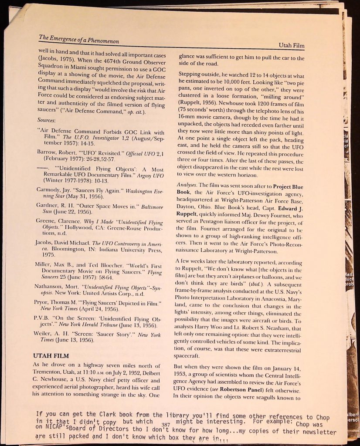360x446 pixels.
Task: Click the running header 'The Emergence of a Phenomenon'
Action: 78,39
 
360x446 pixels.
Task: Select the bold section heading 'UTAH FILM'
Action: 51,356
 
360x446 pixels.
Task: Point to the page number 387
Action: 165,425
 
